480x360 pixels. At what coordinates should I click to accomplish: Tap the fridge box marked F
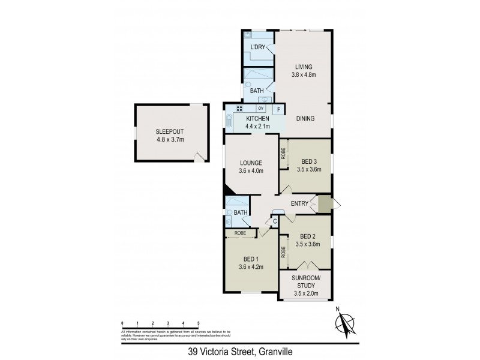278,109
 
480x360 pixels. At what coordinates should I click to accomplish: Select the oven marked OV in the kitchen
260,108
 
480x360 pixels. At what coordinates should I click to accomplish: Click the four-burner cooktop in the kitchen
239,109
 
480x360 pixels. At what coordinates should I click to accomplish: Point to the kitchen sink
229,122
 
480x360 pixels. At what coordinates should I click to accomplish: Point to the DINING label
305,119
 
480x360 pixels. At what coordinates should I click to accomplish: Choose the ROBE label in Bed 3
283,153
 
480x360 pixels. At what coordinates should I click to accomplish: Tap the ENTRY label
299,204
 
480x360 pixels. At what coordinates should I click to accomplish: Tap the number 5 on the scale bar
198,323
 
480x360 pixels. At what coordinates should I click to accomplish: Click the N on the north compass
338,310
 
